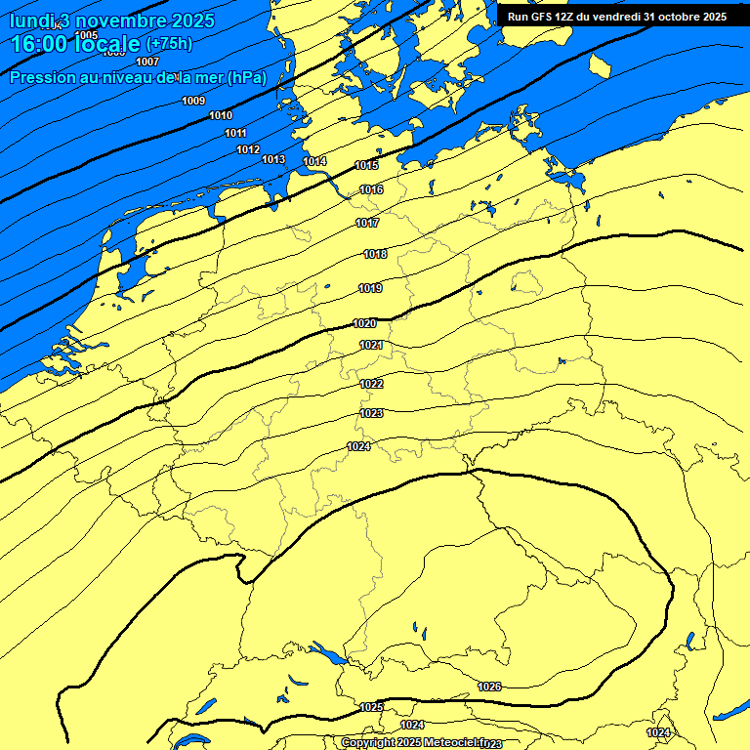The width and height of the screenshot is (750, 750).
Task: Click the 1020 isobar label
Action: pyautogui.click(x=364, y=323)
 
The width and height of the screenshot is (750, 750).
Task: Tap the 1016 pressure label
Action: pyautogui.click(x=371, y=189)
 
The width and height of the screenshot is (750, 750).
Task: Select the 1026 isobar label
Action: pyautogui.click(x=489, y=687)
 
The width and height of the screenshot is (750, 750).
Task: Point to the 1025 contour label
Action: pyautogui.click(x=371, y=707)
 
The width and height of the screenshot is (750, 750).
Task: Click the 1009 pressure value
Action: pyautogui.click(x=193, y=101)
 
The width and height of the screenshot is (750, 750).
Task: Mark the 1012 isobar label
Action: pyautogui.click(x=248, y=149)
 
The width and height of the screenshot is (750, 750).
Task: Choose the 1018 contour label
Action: pyautogui.click(x=375, y=254)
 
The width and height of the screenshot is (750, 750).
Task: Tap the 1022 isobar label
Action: pyautogui.click(x=371, y=384)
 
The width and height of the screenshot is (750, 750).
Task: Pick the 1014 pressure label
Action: pyautogui.click(x=314, y=161)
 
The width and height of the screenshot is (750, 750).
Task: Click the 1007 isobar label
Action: pyautogui.click(x=147, y=62)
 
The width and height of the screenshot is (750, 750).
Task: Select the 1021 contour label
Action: pyautogui.click(x=371, y=345)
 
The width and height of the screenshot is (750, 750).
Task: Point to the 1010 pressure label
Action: pyautogui.click(x=221, y=115)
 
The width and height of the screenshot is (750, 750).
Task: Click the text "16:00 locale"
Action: pyautogui.click(x=75, y=43)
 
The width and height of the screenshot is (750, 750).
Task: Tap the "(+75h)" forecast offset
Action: pyautogui.click(x=169, y=44)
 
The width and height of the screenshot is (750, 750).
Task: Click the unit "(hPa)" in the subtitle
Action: pyautogui.click(x=245, y=78)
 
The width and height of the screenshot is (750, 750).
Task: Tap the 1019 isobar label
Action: pyautogui.click(x=370, y=288)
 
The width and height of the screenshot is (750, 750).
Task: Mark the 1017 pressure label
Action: pyautogui.click(x=367, y=224)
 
